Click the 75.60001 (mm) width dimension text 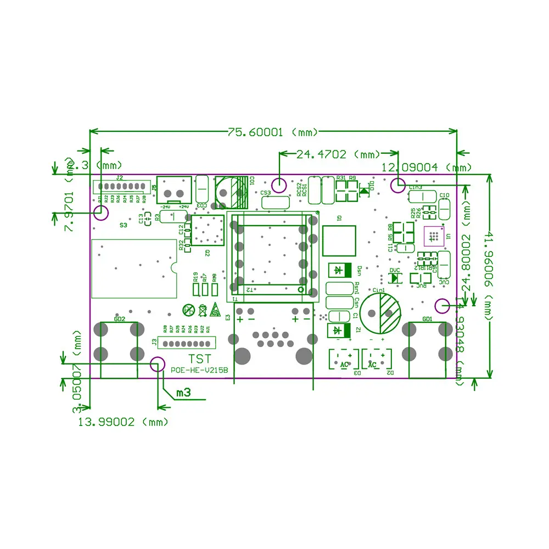click(273, 132)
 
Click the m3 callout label click(183, 393)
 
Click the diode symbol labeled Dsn click(339, 270)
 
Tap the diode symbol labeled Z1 click(339, 330)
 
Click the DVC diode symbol click(394, 278)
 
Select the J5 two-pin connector click(174, 190)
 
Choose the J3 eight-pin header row click(187, 343)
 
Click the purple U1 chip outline click(434, 236)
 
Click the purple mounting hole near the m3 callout click(158, 363)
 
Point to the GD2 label click(119, 318)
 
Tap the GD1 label click(428, 319)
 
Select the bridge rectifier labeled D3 click(344, 360)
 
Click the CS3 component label click(266, 193)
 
